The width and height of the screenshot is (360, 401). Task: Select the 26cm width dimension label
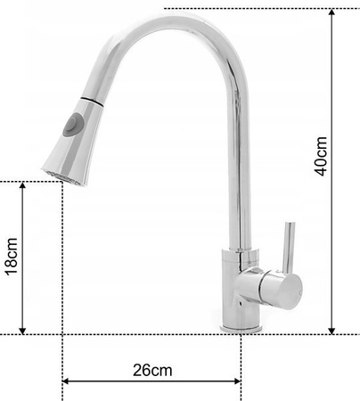[x=151, y=368]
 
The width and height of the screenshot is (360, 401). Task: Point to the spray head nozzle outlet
[x=55, y=170]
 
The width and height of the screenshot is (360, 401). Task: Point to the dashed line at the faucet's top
[x=250, y=10]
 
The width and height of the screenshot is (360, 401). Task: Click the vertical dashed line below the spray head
[x=61, y=267]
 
